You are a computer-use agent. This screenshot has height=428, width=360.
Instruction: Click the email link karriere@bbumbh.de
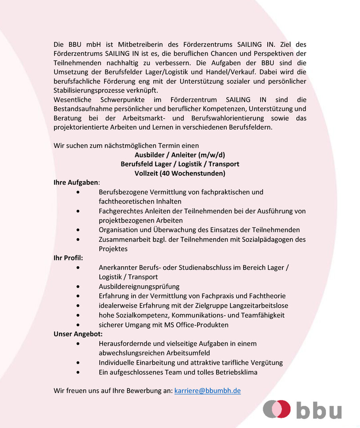tap(207, 391)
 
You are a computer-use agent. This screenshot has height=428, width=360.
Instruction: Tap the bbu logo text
tap(319, 410)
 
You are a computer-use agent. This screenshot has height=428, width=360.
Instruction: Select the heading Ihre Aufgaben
tap(76, 183)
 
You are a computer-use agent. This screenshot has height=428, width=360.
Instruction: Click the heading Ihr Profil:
tap(68, 258)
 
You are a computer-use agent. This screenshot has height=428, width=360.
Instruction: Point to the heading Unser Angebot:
tap(78, 334)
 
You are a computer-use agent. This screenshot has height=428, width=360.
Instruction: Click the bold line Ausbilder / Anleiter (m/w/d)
tap(180, 155)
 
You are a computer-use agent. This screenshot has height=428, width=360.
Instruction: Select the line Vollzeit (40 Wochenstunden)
tap(180, 173)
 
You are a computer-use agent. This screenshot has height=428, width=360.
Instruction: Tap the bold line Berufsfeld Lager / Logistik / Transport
tap(180, 164)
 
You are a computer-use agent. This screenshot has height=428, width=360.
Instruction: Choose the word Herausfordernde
tap(125, 344)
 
